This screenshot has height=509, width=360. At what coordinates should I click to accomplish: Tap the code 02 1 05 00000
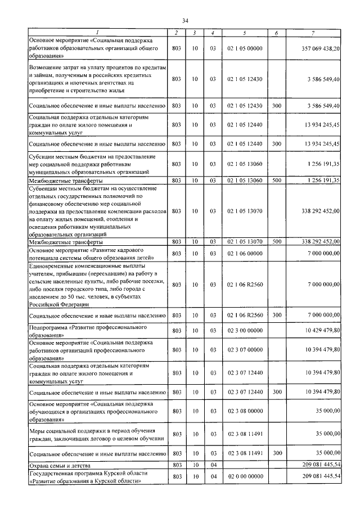click(245, 49)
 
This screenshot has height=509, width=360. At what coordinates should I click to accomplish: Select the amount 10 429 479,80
click(319, 331)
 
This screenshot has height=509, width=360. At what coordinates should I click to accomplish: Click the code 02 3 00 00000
click(245, 331)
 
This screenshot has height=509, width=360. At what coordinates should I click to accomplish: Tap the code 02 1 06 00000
click(245, 254)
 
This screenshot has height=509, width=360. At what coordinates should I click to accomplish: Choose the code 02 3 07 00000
click(245, 349)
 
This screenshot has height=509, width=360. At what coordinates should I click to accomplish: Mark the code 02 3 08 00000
click(245, 411)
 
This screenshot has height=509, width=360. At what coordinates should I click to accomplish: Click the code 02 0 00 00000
click(245, 476)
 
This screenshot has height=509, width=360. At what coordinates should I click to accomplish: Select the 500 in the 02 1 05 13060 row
click(276, 181)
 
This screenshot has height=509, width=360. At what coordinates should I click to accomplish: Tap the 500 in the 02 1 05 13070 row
click(276, 241)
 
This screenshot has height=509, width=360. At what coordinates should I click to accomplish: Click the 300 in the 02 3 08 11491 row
click(276, 453)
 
